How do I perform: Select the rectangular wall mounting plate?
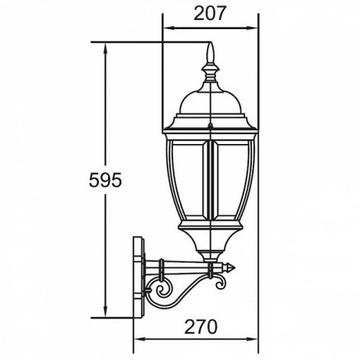[x=139, y=277]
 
